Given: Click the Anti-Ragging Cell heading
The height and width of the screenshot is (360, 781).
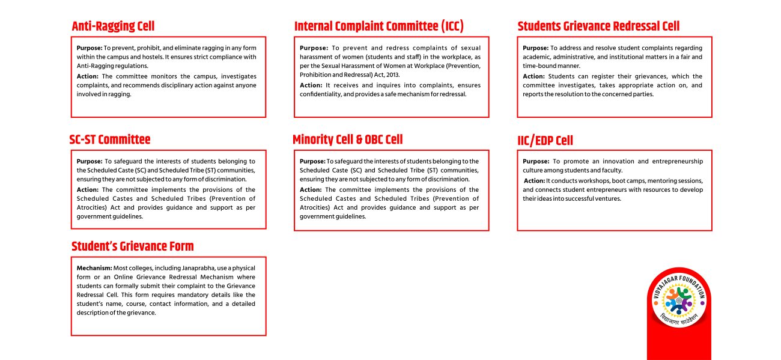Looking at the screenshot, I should pos(113,26).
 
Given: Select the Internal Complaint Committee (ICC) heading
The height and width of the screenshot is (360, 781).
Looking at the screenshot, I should pos(378,26).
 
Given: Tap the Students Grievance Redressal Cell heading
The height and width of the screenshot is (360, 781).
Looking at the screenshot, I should pos(598,26).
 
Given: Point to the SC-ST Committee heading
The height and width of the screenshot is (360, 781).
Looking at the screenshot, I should pos(110,139).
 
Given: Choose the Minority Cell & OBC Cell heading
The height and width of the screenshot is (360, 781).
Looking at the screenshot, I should pos(347,139).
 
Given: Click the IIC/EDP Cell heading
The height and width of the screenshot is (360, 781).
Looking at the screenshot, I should pos(545,141).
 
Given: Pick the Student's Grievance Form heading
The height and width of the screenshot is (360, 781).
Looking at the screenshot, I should pos(132,246).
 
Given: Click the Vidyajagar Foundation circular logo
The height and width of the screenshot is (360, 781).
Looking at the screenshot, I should pos(679,298).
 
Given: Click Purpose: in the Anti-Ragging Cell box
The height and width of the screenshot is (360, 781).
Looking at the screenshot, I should pos(90,47).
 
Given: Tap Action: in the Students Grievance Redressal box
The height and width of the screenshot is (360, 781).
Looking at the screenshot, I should pos(533,76).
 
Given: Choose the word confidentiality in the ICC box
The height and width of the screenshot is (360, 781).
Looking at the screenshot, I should pos(324,94).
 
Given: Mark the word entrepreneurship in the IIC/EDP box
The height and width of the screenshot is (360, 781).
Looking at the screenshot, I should pos(676,162).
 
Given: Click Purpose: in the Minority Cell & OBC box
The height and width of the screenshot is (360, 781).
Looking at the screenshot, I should pos(312,162).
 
